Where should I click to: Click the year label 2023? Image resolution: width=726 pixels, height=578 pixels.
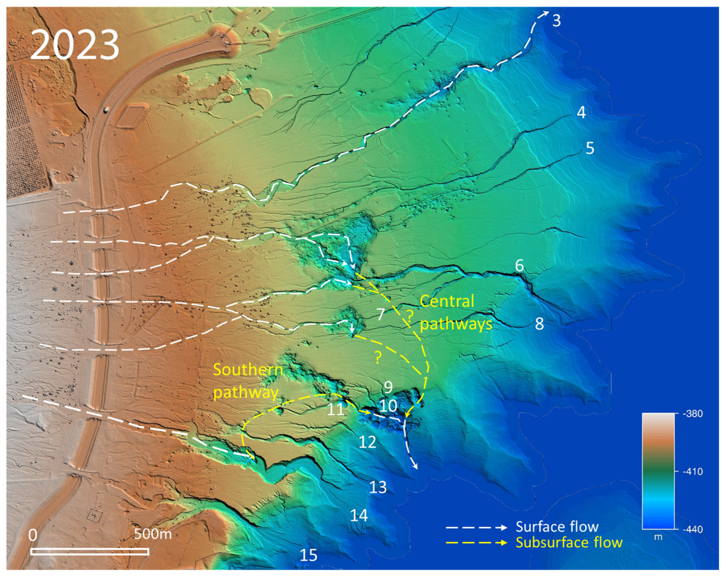tap(75, 45)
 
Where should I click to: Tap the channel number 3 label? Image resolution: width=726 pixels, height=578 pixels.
tap(556, 21)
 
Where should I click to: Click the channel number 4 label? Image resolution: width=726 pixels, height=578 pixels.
tap(581, 113)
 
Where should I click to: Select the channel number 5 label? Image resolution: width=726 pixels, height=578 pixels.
tap(590, 148)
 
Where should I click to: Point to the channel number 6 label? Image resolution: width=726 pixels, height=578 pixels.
tap(519, 266)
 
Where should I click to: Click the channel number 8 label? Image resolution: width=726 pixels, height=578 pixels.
tap(539, 324)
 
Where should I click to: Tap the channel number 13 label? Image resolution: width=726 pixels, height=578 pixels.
tap(378, 487)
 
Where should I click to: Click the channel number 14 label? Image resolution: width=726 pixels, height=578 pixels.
tap(359, 515)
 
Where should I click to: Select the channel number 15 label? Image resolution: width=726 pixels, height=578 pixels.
tap(309, 555)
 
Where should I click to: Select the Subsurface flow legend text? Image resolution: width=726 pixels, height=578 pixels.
tap(569, 543)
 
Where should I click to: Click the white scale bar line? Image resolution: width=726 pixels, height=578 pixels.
tap(90, 551)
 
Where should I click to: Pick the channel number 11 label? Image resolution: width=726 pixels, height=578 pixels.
tap(336, 410)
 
